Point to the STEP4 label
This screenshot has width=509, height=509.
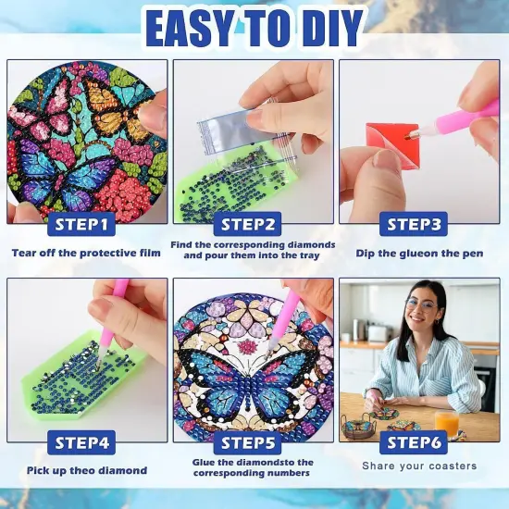83,443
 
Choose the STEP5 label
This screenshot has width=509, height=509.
252,443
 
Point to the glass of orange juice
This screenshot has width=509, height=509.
448,421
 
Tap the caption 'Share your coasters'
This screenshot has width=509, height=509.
419,466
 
